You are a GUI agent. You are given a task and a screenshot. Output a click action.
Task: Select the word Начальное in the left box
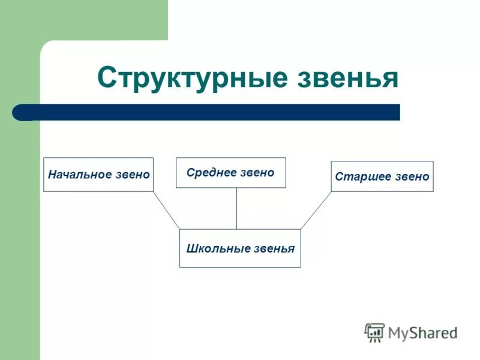tap(80, 175)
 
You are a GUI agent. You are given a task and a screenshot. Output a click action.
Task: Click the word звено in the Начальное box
tap(133, 175)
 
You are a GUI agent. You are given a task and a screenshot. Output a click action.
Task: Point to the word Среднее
tap(209, 173)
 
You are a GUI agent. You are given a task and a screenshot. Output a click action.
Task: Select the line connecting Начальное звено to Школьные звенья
tap(166, 210)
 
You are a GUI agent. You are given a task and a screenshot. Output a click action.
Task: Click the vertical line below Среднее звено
tap(236, 208)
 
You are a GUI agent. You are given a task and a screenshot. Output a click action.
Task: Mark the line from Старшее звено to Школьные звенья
tap(316, 210)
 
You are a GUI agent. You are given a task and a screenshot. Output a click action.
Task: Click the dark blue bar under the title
tap(210, 112)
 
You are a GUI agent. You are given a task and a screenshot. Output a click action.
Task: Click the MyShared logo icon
tap(374, 332)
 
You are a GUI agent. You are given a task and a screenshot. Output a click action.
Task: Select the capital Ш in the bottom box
tap(191, 248)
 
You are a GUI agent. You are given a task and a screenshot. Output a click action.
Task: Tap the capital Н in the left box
tap(52, 175)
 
